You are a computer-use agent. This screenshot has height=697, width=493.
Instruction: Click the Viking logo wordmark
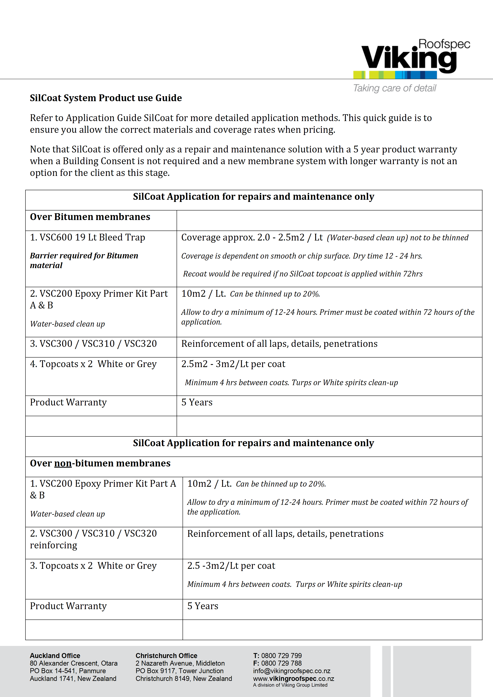[x=408, y=58]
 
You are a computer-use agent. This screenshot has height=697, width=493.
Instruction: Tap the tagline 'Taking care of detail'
[x=394, y=88]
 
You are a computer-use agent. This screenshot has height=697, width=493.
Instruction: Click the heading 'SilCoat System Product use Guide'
[x=106, y=98]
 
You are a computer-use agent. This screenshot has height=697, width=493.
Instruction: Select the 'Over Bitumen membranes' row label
[x=90, y=217]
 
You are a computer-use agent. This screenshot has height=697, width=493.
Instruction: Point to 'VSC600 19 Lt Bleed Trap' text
[x=88, y=237]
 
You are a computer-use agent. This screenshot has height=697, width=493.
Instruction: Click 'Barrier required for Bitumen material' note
[x=84, y=260]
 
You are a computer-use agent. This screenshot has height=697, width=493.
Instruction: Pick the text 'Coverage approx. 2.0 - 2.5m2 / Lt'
[x=252, y=237]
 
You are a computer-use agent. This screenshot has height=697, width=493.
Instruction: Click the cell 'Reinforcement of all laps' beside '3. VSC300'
[x=279, y=344]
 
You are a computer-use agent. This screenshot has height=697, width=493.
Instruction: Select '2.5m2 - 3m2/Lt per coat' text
[x=233, y=364]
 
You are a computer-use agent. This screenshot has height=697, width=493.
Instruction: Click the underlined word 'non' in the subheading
[x=63, y=463]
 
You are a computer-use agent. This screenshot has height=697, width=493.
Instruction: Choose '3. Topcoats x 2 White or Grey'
[x=93, y=566]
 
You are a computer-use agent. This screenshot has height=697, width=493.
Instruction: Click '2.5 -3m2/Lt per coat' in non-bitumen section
[x=231, y=566]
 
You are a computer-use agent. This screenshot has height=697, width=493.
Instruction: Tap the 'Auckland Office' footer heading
[x=55, y=656]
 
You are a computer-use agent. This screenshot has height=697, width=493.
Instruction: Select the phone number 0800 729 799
[x=281, y=656]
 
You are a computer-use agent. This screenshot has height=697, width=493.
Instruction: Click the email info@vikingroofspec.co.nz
[x=292, y=671]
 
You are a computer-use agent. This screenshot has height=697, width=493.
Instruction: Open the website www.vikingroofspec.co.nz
[x=293, y=679]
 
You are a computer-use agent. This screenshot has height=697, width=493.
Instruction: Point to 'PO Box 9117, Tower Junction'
[x=180, y=671]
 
